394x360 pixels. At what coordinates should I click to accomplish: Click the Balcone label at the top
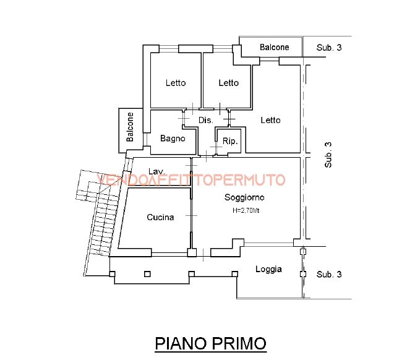click(x=274, y=48)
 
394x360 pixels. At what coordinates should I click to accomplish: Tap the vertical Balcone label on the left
click(x=130, y=127)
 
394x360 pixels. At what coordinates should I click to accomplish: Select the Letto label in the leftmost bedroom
click(x=176, y=84)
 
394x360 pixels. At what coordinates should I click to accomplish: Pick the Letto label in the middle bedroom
click(x=228, y=84)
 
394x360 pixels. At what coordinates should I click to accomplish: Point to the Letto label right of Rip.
click(x=270, y=120)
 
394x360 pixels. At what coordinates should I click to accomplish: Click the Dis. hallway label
click(x=205, y=120)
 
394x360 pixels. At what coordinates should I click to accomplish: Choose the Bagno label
click(x=173, y=139)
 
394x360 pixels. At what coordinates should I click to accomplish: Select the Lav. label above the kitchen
click(x=156, y=171)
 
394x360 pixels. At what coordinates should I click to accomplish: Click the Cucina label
click(x=160, y=217)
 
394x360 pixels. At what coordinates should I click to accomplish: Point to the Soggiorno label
click(x=244, y=198)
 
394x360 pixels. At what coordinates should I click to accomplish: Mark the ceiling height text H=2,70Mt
click(x=246, y=211)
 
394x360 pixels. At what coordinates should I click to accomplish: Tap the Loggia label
click(x=268, y=269)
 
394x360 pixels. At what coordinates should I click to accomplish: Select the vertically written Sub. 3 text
click(x=328, y=155)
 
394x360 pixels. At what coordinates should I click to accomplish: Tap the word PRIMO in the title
click(x=238, y=343)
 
